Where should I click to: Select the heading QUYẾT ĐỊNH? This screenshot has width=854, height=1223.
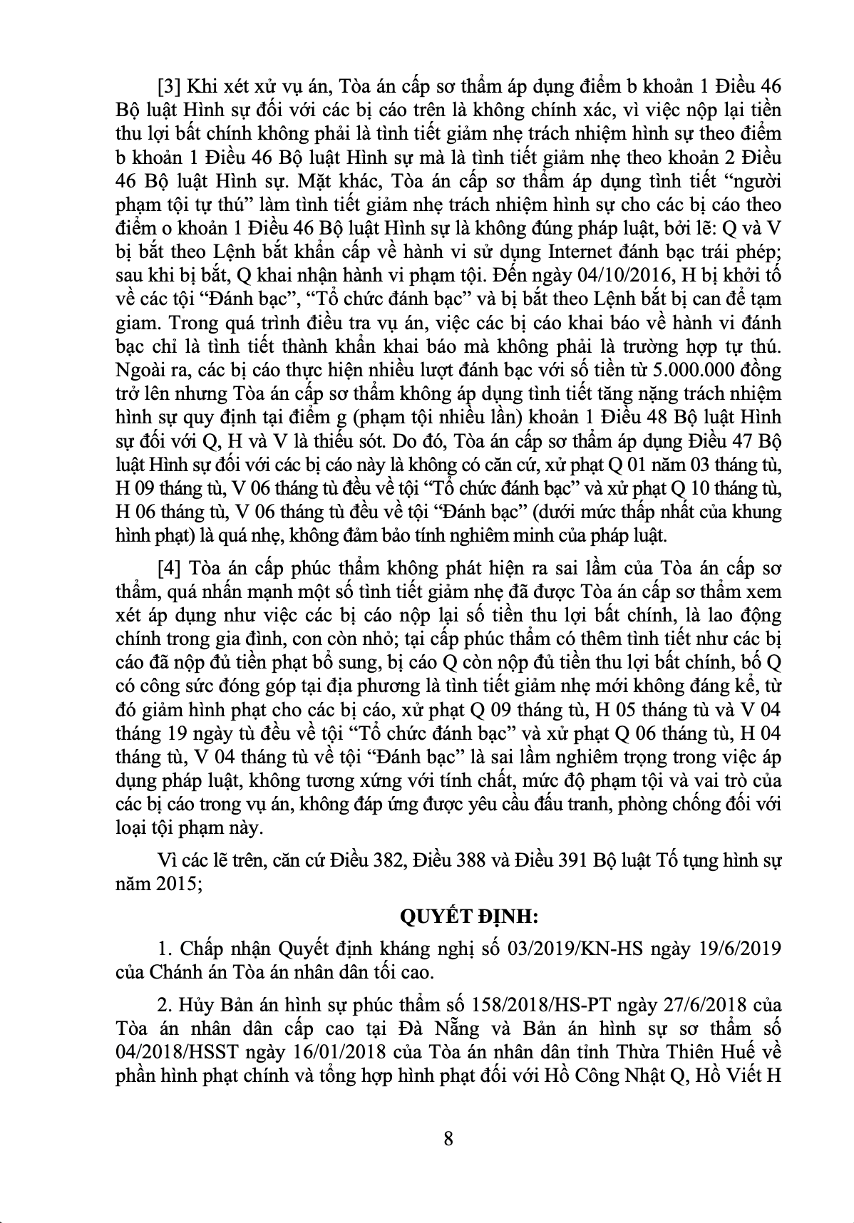click(448, 914)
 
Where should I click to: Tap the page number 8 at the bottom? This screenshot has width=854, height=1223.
click(448, 1137)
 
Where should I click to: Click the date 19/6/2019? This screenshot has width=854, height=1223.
click(742, 949)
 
